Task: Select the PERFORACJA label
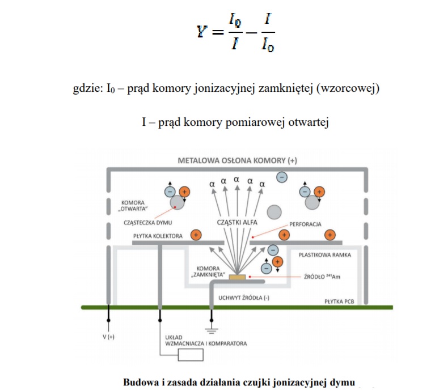[x=304, y=224]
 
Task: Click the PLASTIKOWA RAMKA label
[x=324, y=255]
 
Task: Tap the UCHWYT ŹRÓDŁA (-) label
[x=240, y=296]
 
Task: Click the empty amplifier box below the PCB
[x=191, y=355]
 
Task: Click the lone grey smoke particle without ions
[x=274, y=212]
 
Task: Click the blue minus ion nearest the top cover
[x=281, y=177]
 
